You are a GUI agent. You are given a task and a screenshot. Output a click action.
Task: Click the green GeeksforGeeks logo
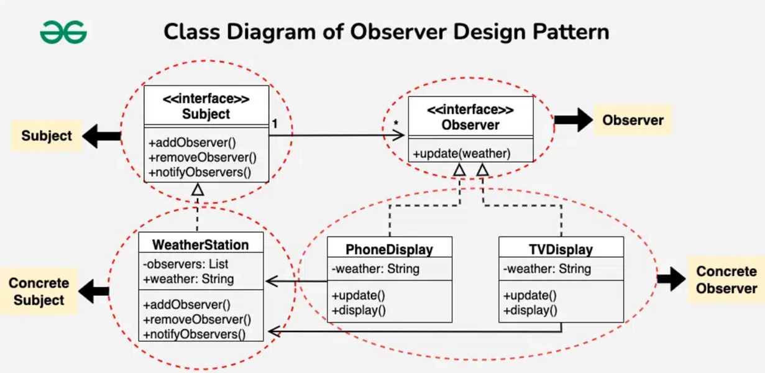pyautogui.click(x=63, y=32)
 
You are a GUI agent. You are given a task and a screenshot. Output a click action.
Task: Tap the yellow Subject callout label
pyautogui.click(x=47, y=136)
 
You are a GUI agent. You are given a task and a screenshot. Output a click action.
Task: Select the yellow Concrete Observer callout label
pyautogui.click(x=726, y=280)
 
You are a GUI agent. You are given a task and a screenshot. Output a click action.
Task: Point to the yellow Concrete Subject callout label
pyautogui.click(x=39, y=292)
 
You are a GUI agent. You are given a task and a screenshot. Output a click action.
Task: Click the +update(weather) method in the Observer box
pyautogui.click(x=462, y=154)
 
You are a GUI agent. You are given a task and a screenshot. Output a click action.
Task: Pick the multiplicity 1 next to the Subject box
pyautogui.click(x=275, y=124)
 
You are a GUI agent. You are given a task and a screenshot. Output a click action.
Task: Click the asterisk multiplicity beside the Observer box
pyautogui.click(x=396, y=123)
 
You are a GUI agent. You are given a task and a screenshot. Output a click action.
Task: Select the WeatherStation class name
pyautogui.click(x=201, y=245)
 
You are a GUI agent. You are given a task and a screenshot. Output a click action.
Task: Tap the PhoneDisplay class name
pyautogui.click(x=389, y=250)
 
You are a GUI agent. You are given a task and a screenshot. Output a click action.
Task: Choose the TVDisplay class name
pyautogui.click(x=561, y=250)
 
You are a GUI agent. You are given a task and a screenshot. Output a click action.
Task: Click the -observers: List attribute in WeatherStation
pyautogui.click(x=185, y=264)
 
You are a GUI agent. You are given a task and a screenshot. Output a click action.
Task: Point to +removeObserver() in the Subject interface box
pyautogui.click(x=203, y=157)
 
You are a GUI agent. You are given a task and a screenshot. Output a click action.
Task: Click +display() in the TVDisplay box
pyautogui.click(x=530, y=310)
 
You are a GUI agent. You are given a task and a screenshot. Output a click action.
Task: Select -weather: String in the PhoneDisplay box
pyautogui.click(x=375, y=269)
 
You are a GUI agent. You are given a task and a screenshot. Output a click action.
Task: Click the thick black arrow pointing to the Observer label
pyautogui.click(x=574, y=120)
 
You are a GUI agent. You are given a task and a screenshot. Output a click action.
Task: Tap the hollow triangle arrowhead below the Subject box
pyautogui.click(x=198, y=190)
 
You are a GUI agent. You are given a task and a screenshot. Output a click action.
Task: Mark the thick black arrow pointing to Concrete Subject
pyautogui.click(x=94, y=292)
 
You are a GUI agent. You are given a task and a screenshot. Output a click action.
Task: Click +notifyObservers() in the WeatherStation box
pyautogui.click(x=195, y=334)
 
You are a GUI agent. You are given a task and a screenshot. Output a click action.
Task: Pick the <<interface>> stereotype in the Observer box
pyautogui.click(x=470, y=109)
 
